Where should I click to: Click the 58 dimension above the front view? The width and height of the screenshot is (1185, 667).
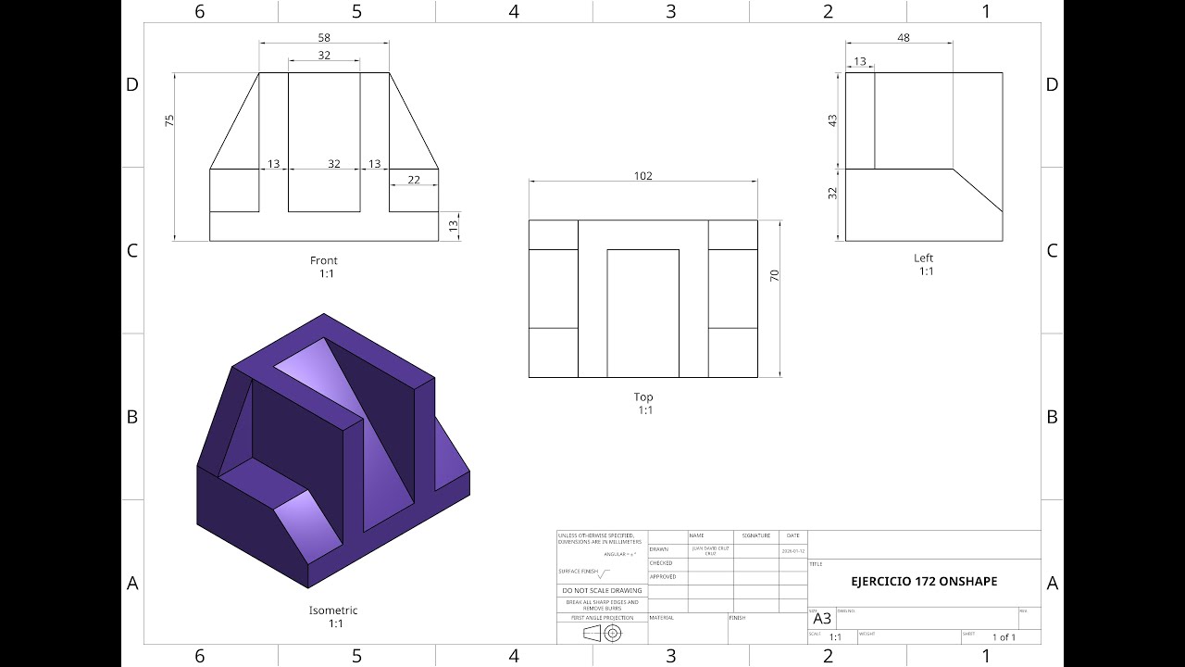coord(324,38)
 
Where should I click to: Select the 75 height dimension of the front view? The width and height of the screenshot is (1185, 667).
coord(169,120)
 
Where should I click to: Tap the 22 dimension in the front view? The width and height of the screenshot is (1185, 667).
coord(414,179)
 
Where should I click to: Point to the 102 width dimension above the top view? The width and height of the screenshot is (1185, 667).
coord(642,176)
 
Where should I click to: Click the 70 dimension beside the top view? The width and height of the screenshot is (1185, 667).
coord(775,275)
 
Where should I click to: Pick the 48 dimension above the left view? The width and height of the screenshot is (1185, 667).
coord(904,38)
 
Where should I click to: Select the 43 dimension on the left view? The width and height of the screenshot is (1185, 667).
coord(832,120)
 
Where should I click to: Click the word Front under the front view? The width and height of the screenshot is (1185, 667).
coord(324,260)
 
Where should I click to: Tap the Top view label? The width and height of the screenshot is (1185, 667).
coord(643,396)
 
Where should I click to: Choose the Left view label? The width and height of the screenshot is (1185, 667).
coord(924,258)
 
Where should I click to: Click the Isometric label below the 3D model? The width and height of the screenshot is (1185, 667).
coord(333,610)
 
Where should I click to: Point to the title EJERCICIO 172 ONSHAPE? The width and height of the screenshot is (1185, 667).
coord(924,582)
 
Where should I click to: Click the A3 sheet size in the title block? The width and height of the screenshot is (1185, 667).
coord(822,619)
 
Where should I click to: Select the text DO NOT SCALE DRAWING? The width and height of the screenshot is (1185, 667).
coord(602,590)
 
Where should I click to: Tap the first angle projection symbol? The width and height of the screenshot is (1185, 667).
coord(602,633)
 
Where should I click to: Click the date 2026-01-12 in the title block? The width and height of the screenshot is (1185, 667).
coord(793,550)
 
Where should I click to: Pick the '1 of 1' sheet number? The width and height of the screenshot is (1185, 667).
coord(1004,637)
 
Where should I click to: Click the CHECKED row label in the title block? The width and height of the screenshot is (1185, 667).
coord(661,563)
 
